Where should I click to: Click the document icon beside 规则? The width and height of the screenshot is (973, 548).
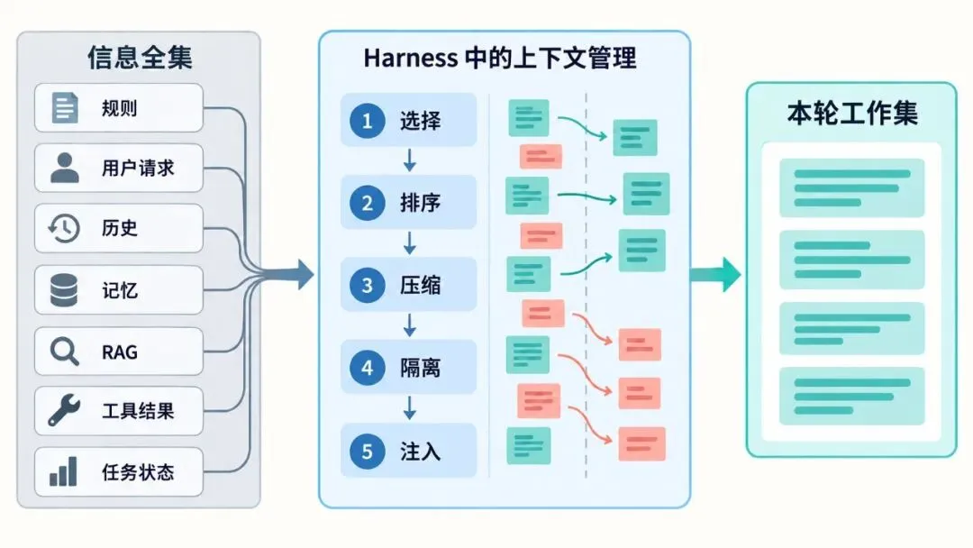[65, 108]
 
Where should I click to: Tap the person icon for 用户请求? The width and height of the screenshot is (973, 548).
[65, 168]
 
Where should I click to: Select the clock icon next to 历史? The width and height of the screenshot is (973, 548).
[64, 228]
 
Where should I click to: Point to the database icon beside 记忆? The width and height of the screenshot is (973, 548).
[64, 290]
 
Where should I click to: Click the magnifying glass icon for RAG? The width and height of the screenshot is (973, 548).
[65, 352]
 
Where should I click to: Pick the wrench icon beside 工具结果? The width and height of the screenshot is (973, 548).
[65, 410]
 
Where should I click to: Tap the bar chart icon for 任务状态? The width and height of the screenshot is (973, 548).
[63, 471]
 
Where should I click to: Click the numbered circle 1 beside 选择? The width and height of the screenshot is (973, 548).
[368, 121]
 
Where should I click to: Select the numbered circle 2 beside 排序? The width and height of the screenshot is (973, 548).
[368, 203]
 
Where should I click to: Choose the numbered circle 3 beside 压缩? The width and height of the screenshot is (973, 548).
[368, 285]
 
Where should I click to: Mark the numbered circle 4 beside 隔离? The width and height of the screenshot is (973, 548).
[368, 368]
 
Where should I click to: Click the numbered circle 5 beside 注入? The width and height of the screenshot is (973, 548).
[368, 451]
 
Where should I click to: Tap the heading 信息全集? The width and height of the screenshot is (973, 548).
[141, 58]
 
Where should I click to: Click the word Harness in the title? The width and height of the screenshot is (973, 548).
[410, 58]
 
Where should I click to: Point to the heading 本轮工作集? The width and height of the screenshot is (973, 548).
[852, 114]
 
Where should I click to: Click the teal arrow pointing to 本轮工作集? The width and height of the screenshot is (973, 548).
[715, 274]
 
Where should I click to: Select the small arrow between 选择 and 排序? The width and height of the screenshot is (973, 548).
[410, 160]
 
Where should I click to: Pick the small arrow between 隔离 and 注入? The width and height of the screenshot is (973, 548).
[410, 408]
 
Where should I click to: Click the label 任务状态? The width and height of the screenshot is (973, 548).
[138, 472]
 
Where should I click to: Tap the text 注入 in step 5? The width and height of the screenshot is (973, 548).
[420, 452]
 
